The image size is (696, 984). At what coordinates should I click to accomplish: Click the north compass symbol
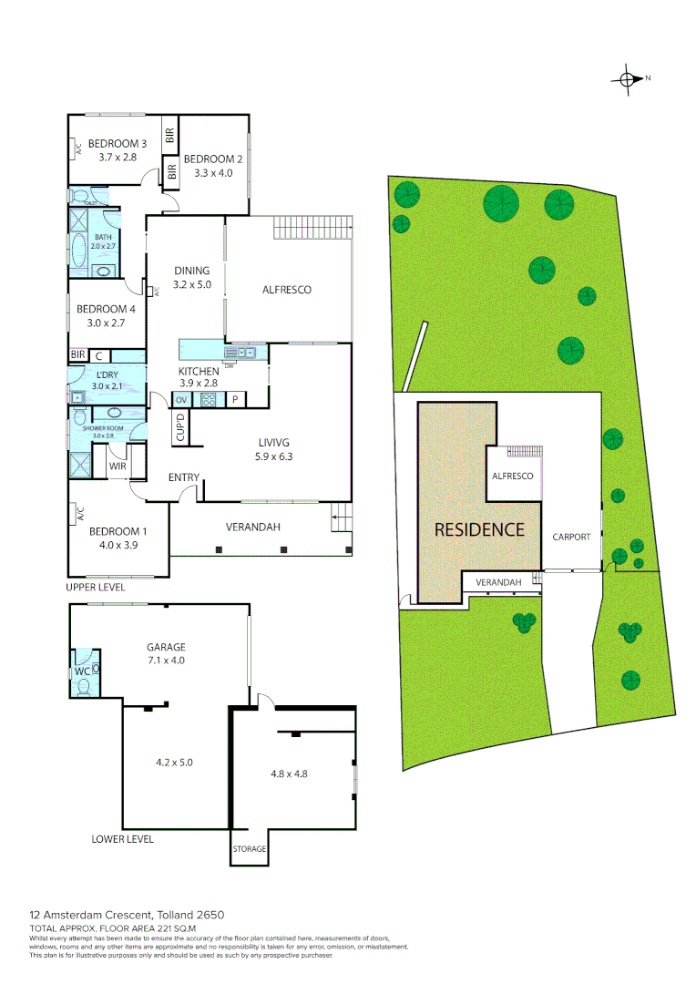pyautogui.click(x=628, y=78)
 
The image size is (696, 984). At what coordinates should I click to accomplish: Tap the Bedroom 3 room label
pyautogui.click(x=118, y=143)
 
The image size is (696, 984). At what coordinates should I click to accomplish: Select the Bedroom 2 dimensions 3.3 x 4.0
pyautogui.click(x=214, y=172)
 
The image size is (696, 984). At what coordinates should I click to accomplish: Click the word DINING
pyautogui.click(x=192, y=271)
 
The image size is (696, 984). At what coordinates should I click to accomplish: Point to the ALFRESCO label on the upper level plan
pyautogui.click(x=287, y=290)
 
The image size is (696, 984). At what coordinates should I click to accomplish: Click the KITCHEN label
pyautogui.click(x=198, y=371)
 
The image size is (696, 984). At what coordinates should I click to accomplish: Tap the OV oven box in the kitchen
pyautogui.click(x=180, y=399)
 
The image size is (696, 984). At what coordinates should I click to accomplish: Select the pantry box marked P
pyautogui.click(x=234, y=399)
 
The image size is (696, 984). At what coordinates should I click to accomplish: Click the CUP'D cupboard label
pyautogui.click(x=180, y=427)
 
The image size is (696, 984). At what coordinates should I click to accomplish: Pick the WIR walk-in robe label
pyautogui.click(x=118, y=466)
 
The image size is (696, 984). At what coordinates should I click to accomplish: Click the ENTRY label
pyautogui.click(x=184, y=477)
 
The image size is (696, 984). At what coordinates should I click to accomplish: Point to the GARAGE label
pyautogui.click(x=167, y=647)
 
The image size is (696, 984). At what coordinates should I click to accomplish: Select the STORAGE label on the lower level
pyautogui.click(x=249, y=849)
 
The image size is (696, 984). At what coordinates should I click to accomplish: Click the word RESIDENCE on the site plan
pyautogui.click(x=479, y=529)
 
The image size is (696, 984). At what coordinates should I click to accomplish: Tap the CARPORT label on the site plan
pyautogui.click(x=572, y=537)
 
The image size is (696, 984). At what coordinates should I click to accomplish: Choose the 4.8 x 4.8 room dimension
pyautogui.click(x=289, y=774)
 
